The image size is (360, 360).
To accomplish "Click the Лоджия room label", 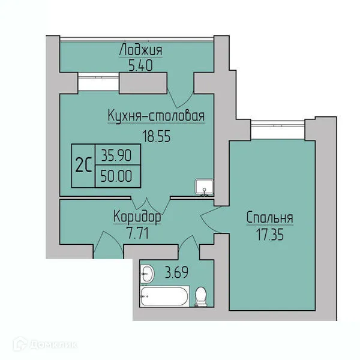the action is click(x=140, y=50).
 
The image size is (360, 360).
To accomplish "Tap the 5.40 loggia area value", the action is click(x=140, y=66).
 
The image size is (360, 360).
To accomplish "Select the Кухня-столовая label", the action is click(x=156, y=116).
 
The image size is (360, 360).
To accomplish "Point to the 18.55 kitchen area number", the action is click(x=157, y=136).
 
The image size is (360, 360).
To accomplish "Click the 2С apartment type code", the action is click(x=83, y=166).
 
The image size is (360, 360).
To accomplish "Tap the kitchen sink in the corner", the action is click(x=204, y=188).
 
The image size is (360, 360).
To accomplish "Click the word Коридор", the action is click(x=137, y=217).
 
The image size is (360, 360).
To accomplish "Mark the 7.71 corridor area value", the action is click(x=138, y=233).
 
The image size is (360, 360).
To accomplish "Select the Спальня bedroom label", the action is click(x=270, y=218).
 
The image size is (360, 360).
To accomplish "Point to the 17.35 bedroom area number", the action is click(x=270, y=235).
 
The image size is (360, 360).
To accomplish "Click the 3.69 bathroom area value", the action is click(x=176, y=272).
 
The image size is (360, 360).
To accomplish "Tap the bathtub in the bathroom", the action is click(x=164, y=296).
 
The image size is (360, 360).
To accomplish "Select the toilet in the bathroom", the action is click(x=202, y=296).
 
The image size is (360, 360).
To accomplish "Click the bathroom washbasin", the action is click(x=147, y=274).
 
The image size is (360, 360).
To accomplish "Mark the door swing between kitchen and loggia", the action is click(x=181, y=98).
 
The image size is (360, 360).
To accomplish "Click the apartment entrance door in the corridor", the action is click(x=109, y=245).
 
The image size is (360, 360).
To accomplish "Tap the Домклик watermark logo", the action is click(x=45, y=344).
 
